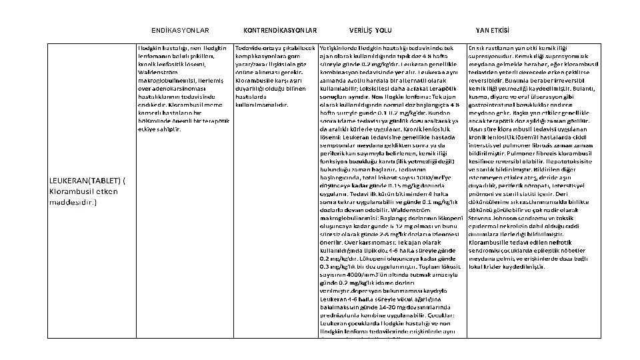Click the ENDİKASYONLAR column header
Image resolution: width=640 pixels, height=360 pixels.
180,31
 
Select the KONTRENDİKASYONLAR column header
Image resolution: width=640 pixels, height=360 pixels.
280,31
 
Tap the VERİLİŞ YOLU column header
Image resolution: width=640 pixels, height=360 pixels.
371,31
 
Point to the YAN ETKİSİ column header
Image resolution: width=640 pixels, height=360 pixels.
493,31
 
